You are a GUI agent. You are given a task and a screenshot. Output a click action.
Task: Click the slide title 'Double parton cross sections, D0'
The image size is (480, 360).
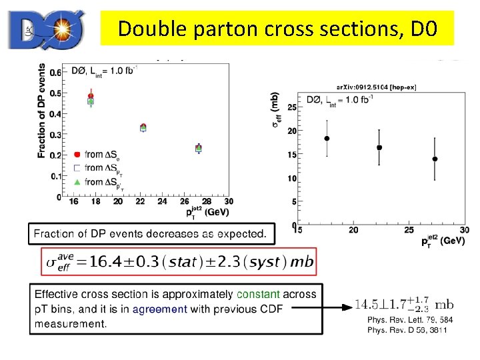pos(277,29)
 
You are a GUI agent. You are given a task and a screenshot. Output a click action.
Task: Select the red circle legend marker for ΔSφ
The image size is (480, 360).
pos(77,154)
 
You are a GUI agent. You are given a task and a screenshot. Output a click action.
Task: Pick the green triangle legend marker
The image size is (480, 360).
pos(77,181)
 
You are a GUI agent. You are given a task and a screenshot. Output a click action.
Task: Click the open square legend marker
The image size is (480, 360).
pos(77,167)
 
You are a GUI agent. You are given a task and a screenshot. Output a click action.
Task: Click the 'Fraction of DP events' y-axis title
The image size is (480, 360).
pos(41,111)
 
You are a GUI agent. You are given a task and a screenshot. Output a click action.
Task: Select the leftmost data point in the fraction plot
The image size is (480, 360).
pos(91,99)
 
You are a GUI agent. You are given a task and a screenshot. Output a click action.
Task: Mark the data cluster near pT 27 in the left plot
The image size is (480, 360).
pos(199,148)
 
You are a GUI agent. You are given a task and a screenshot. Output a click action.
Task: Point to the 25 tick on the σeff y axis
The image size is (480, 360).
pos(291,107)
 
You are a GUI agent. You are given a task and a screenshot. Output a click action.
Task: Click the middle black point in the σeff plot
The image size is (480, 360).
pos(379,147)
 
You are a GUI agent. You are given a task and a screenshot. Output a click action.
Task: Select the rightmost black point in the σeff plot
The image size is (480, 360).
pos(435,159)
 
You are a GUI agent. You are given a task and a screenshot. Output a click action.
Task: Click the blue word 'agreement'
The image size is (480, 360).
pos(160,309)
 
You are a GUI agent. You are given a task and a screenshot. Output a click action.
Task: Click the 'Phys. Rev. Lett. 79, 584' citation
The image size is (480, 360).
pos(410,321)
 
